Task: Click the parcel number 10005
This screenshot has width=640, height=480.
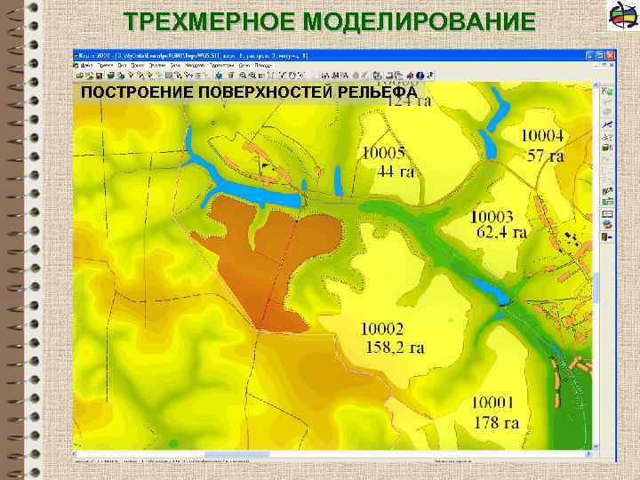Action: click(x=382, y=153)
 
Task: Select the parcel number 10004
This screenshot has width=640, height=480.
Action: click(x=542, y=136)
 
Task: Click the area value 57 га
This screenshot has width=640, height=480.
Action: click(x=546, y=156)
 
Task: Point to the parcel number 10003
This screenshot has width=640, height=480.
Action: click(x=492, y=216)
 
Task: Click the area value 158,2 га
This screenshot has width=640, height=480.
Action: click(x=395, y=348)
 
